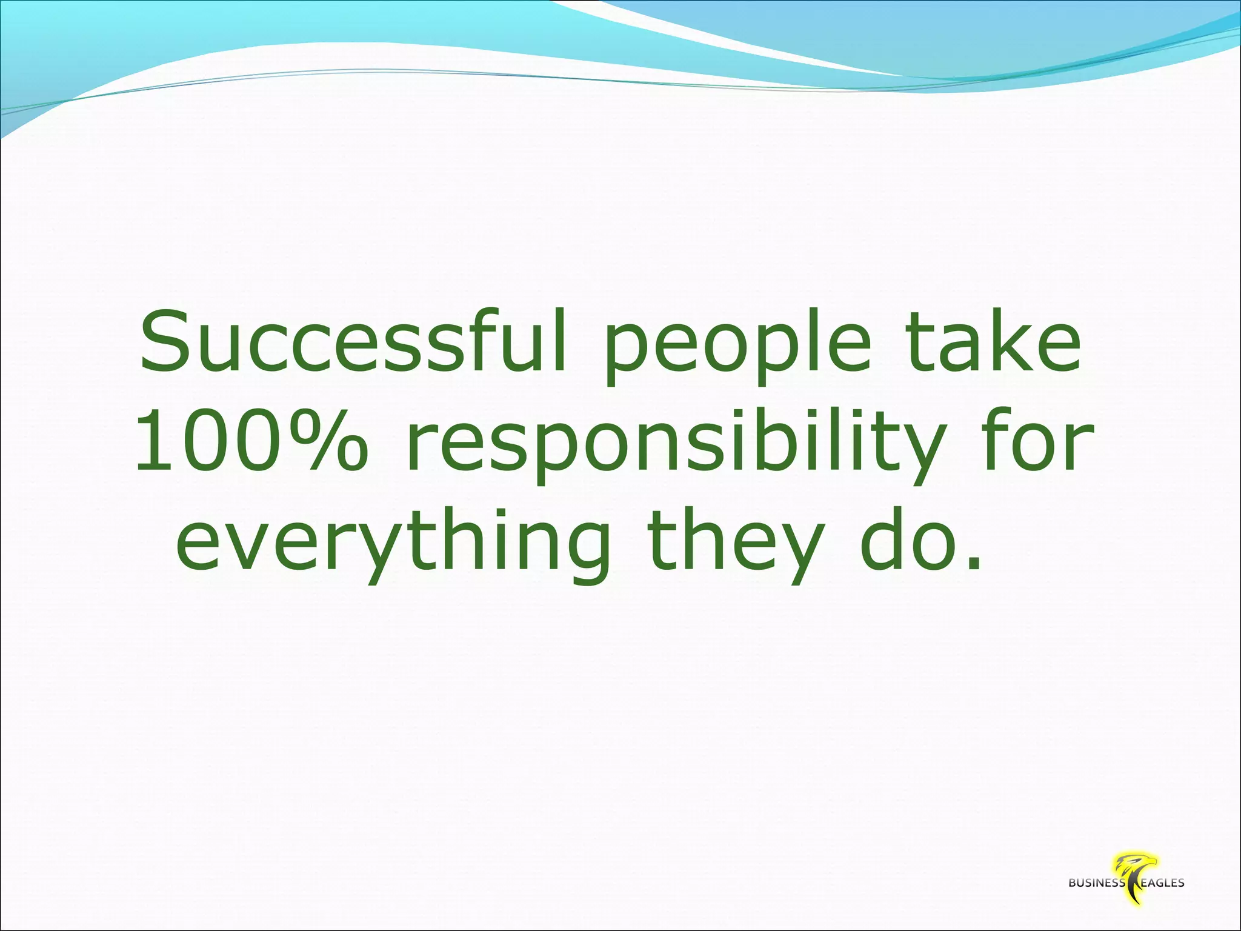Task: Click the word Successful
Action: click(353, 342)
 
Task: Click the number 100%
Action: click(250, 441)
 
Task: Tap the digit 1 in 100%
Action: click(151, 441)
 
